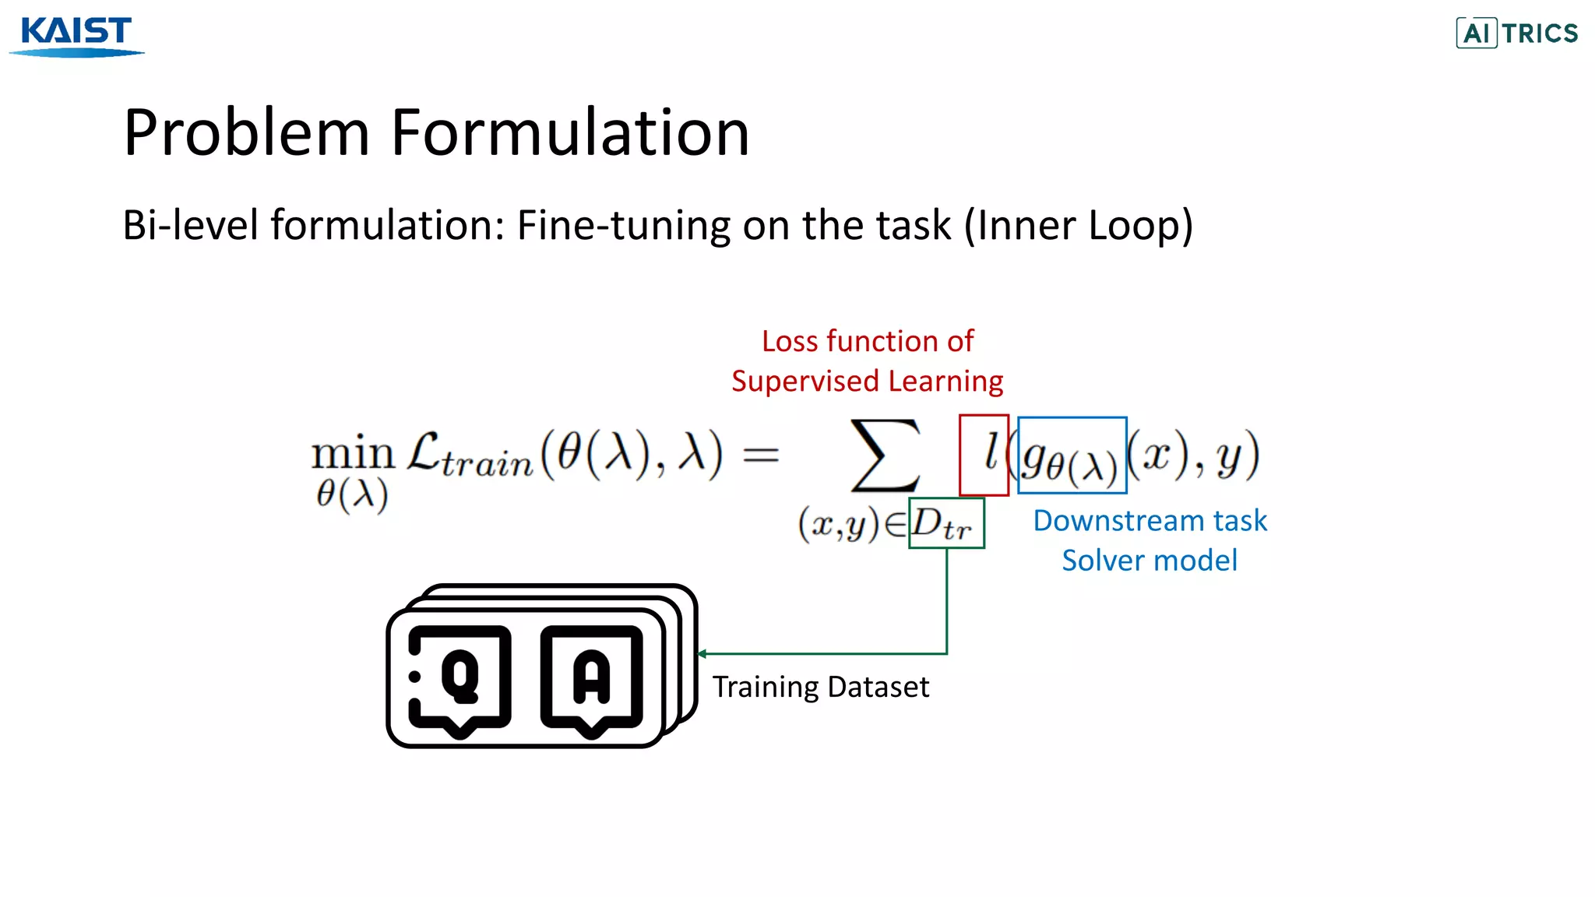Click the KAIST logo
click(x=76, y=36)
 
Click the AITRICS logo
click(x=1516, y=33)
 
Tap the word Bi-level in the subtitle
click(x=190, y=225)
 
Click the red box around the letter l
click(x=984, y=455)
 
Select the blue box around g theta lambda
click(x=1072, y=456)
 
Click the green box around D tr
click(x=946, y=523)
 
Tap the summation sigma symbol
click(x=886, y=456)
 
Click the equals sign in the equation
click(x=760, y=455)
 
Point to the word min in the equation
click(x=353, y=454)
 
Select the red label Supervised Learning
click(x=867, y=382)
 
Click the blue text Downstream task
click(x=1150, y=520)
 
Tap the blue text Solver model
click(x=1150, y=561)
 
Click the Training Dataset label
click(x=820, y=687)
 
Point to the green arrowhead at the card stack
click(x=702, y=654)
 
